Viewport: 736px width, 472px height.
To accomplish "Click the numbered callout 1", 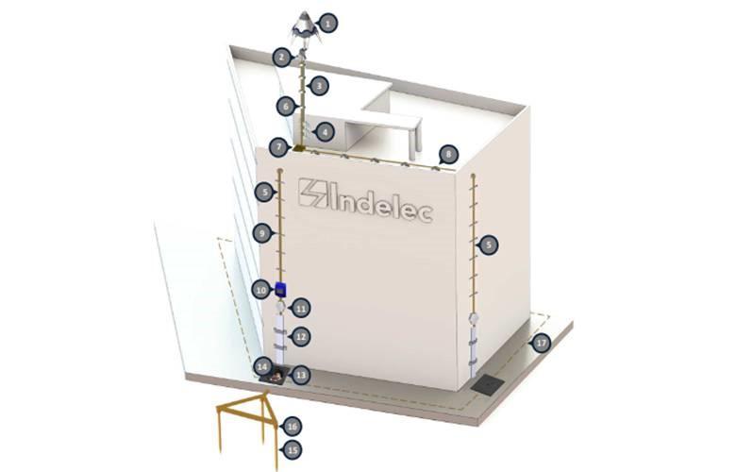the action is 328,23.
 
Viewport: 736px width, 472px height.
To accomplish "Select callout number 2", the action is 282,58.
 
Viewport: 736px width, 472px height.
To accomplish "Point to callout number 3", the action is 319,86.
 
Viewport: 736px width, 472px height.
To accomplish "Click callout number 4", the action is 325,132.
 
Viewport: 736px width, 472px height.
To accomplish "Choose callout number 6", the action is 286,107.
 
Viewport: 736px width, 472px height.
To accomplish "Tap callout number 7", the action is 279,147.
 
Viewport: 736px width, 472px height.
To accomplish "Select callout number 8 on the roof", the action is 449,154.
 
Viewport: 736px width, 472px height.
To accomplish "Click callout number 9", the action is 263,233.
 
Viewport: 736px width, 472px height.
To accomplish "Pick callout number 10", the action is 261,290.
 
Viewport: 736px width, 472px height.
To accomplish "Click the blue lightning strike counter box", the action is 280,289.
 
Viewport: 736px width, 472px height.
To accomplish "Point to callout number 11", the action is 301,309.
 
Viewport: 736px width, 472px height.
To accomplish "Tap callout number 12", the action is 301,337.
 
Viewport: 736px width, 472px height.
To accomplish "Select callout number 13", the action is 301,375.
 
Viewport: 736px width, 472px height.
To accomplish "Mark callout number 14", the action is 263,367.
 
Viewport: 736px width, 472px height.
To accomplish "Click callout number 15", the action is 293,450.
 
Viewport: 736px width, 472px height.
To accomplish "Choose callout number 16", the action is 293,427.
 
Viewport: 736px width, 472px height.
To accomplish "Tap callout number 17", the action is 542,344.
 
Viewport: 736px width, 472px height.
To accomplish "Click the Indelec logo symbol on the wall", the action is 313,193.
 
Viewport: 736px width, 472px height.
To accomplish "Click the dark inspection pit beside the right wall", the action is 488,385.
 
